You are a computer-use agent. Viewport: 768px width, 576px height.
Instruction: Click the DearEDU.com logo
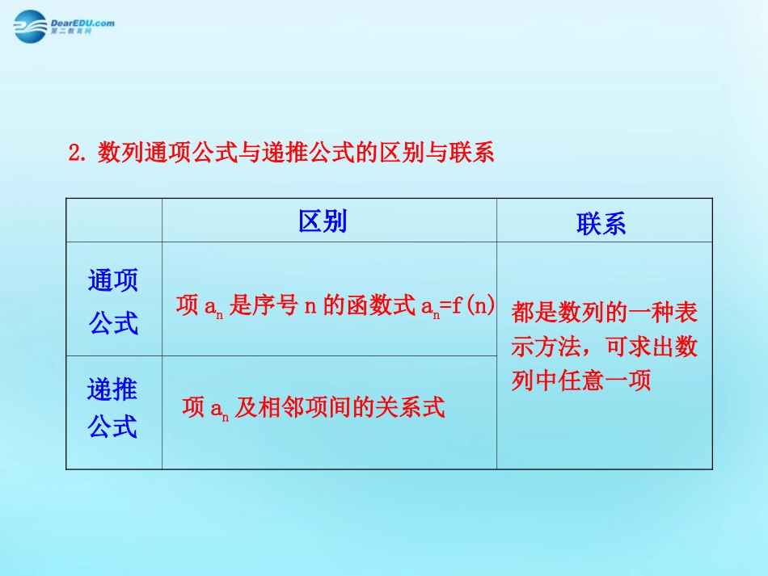coord(62,26)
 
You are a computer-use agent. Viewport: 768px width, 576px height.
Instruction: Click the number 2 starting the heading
coord(75,153)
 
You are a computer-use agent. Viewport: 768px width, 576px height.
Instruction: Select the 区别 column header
coord(323,221)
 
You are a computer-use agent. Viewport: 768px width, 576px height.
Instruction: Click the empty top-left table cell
coord(114,220)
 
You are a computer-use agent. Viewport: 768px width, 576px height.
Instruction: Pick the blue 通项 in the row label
coord(113,280)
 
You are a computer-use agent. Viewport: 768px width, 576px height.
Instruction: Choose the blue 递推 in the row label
coord(113,390)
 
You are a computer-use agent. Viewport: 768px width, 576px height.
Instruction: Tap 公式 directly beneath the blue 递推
coord(113,426)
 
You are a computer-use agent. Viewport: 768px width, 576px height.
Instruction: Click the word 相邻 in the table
coord(281,408)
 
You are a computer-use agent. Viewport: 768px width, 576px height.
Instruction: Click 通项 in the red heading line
coord(173,153)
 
